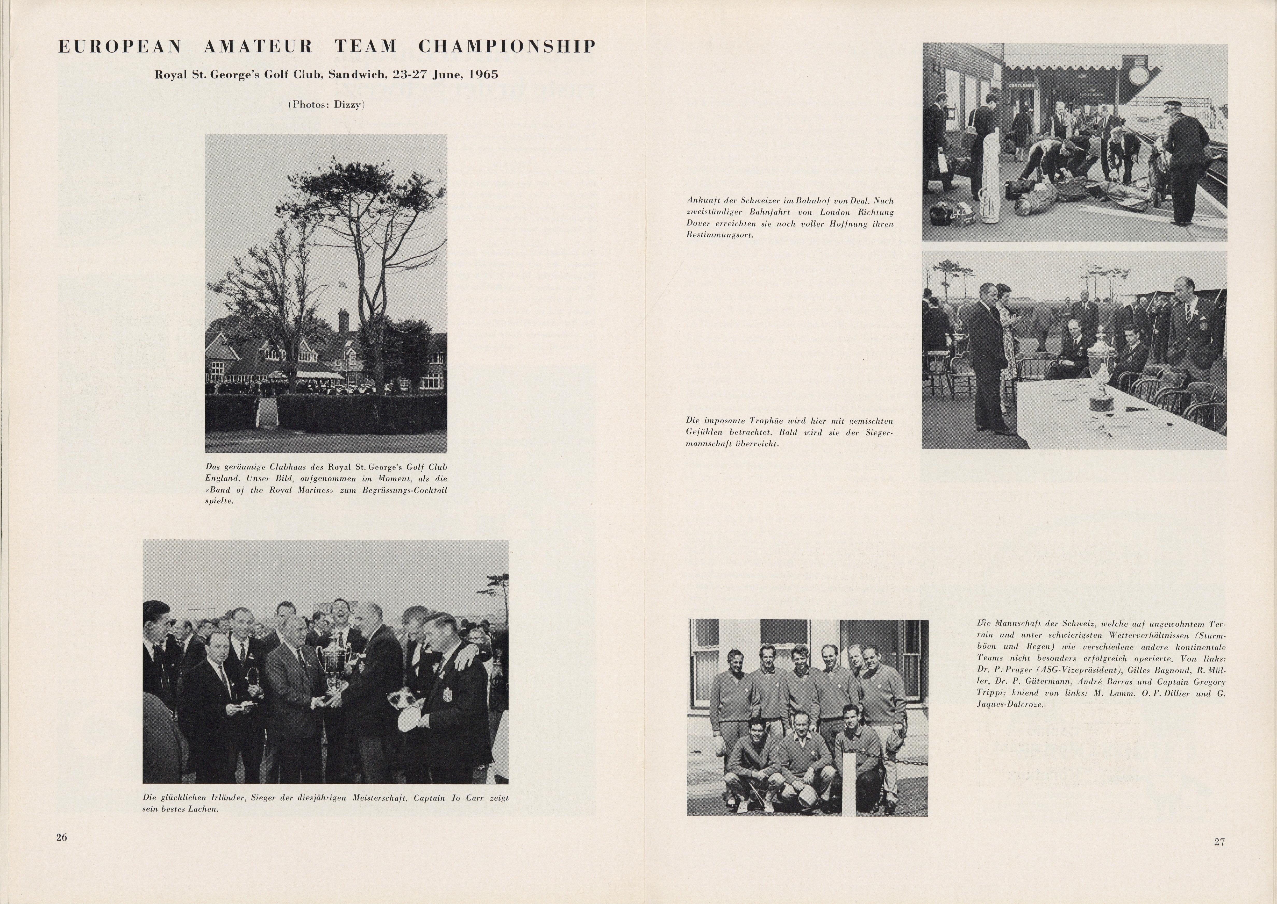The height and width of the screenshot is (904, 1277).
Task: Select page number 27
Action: pyautogui.click(x=1218, y=842)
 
